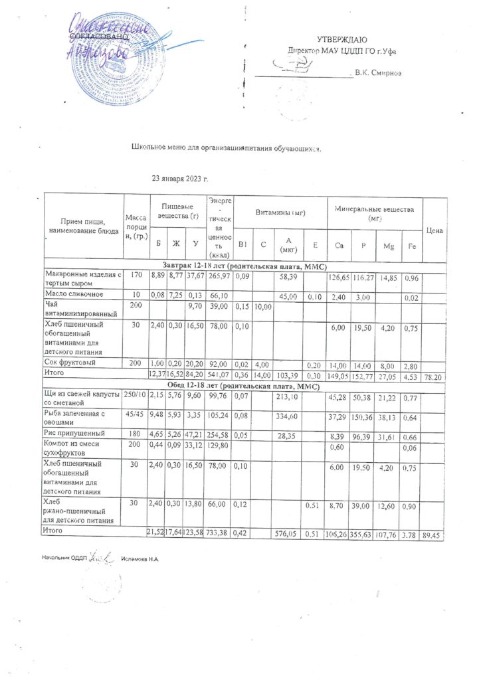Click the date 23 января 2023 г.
(x=180, y=179)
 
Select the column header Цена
(x=434, y=230)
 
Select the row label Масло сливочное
(x=74, y=294)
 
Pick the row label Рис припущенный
(x=75, y=432)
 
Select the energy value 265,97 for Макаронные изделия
(x=219, y=276)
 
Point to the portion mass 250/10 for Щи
(x=136, y=396)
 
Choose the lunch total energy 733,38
(x=219, y=533)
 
